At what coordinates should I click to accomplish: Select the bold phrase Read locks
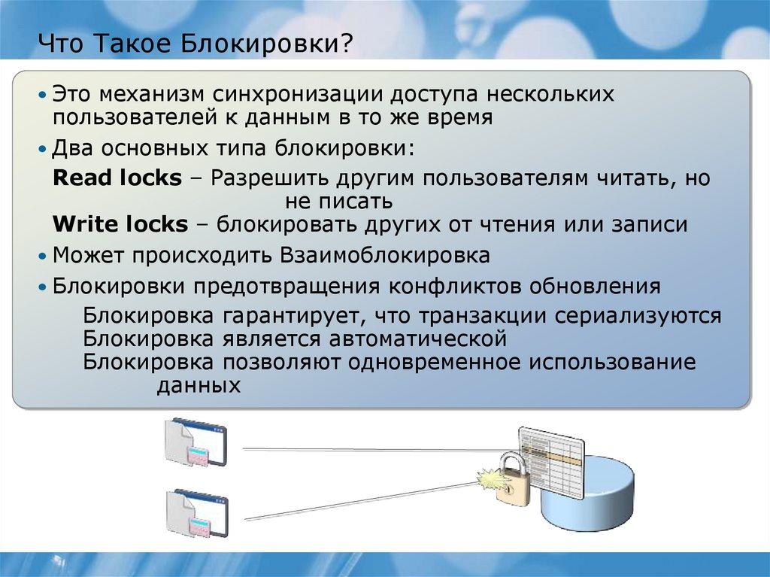coord(117,178)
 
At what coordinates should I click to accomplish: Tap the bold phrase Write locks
coord(120,224)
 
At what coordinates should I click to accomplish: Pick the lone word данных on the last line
coord(199,386)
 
